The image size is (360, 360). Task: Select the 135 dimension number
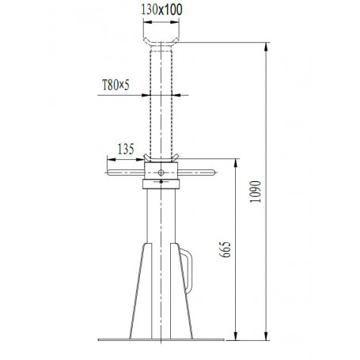[x=124, y=146]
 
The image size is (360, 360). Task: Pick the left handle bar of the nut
[x=124, y=171]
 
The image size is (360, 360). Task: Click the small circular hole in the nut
[x=161, y=172]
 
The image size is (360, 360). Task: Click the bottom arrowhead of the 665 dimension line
[x=235, y=339]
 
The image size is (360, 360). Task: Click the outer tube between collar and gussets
[x=161, y=218]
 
